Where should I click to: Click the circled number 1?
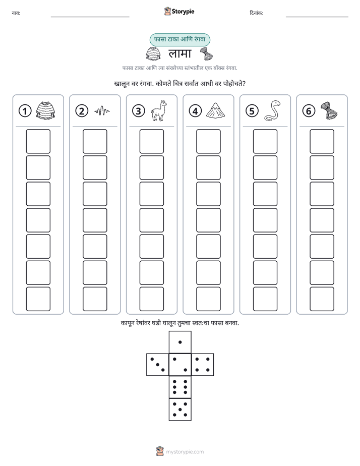[25, 111]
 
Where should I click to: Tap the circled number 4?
[195, 111]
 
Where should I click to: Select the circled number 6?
[309, 111]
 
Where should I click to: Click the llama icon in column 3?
[158, 110]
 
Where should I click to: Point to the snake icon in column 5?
[272, 110]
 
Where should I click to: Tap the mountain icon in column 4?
[215, 110]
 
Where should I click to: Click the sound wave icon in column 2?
[102, 111]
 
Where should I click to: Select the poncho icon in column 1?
[45, 110]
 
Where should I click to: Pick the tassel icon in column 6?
[329, 110]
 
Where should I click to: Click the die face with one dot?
[180, 342]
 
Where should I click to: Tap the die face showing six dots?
[180, 387]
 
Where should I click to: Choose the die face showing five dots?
[180, 409]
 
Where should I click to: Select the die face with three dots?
[158, 364]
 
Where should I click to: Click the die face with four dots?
[202, 364]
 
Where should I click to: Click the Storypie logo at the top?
[179, 11]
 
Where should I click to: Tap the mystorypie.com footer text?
[185, 452]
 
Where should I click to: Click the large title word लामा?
[180, 53]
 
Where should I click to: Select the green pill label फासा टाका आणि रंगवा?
[179, 39]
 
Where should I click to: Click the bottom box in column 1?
[38, 299]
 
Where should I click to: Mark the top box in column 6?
[322, 141]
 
